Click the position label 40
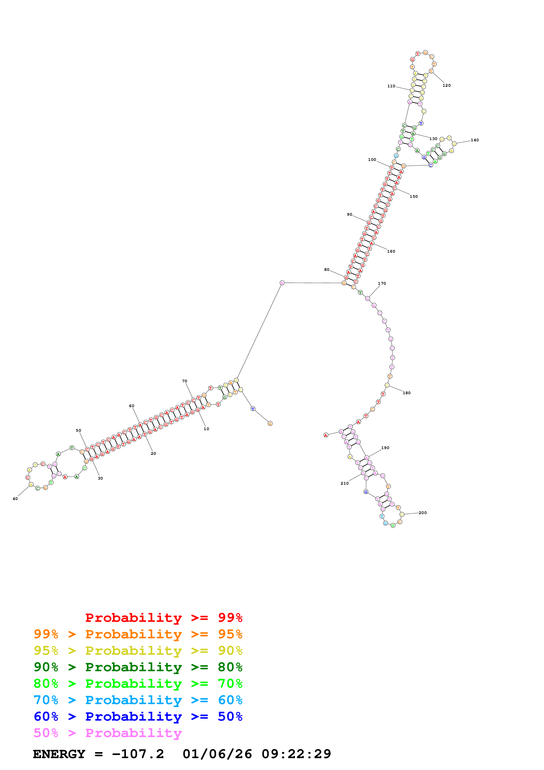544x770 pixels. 15,499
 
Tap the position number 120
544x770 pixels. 447,86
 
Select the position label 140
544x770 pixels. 475,140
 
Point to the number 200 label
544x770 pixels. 423,513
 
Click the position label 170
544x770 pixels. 382,283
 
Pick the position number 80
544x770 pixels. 327,270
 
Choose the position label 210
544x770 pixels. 345,483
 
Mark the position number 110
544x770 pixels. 391,86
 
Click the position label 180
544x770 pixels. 407,393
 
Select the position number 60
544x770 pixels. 132,406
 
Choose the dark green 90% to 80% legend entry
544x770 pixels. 138,667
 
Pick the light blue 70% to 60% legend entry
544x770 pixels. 138,700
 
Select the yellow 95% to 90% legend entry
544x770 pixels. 138,651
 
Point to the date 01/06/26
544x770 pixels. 217,754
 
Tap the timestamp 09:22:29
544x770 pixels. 296,754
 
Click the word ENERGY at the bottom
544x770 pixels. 59,754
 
